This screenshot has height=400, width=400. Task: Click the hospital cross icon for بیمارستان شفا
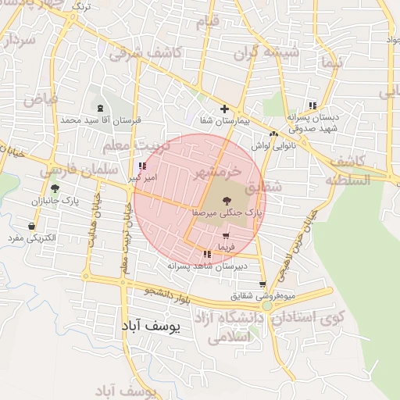click(x=224, y=109)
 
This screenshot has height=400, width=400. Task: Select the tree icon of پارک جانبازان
click(x=55, y=188)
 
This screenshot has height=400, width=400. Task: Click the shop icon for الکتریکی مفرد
click(x=31, y=227)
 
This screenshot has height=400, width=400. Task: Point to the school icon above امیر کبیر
click(x=141, y=166)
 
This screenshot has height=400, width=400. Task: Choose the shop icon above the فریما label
click(x=226, y=235)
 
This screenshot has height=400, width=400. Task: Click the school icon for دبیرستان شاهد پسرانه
click(x=206, y=254)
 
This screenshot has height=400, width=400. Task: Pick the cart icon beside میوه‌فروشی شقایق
click(x=262, y=284)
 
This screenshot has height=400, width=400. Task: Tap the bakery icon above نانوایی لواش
click(x=273, y=134)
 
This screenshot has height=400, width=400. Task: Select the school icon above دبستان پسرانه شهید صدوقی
click(x=312, y=105)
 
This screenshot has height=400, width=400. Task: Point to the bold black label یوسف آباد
click(x=153, y=326)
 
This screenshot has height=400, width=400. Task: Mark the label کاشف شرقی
click(x=145, y=53)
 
